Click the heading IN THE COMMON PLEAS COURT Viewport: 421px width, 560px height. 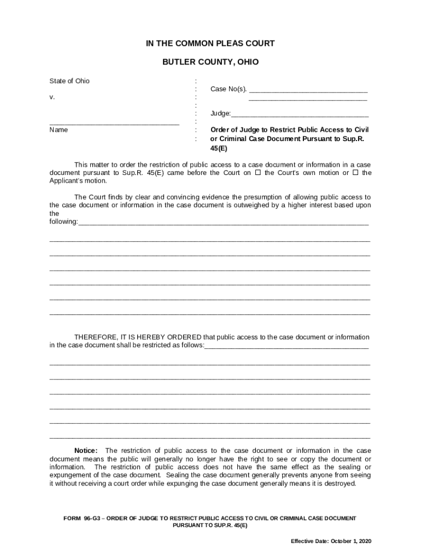(x=210, y=44)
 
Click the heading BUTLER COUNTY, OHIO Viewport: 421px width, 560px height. (x=210, y=62)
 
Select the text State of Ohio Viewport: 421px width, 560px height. (x=69, y=81)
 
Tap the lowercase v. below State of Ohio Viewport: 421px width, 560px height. (x=52, y=97)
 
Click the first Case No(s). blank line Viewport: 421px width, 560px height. (x=308, y=90)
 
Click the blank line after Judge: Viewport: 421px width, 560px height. (x=300, y=115)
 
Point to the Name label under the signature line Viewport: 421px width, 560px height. (x=59, y=130)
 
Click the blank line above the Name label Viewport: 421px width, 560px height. (x=114, y=124)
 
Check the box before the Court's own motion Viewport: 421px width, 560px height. (x=258, y=173)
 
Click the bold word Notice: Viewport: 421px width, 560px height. (x=86, y=451)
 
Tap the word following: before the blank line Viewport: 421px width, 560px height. (x=63, y=221)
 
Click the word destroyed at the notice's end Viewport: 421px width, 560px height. (x=341, y=483)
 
